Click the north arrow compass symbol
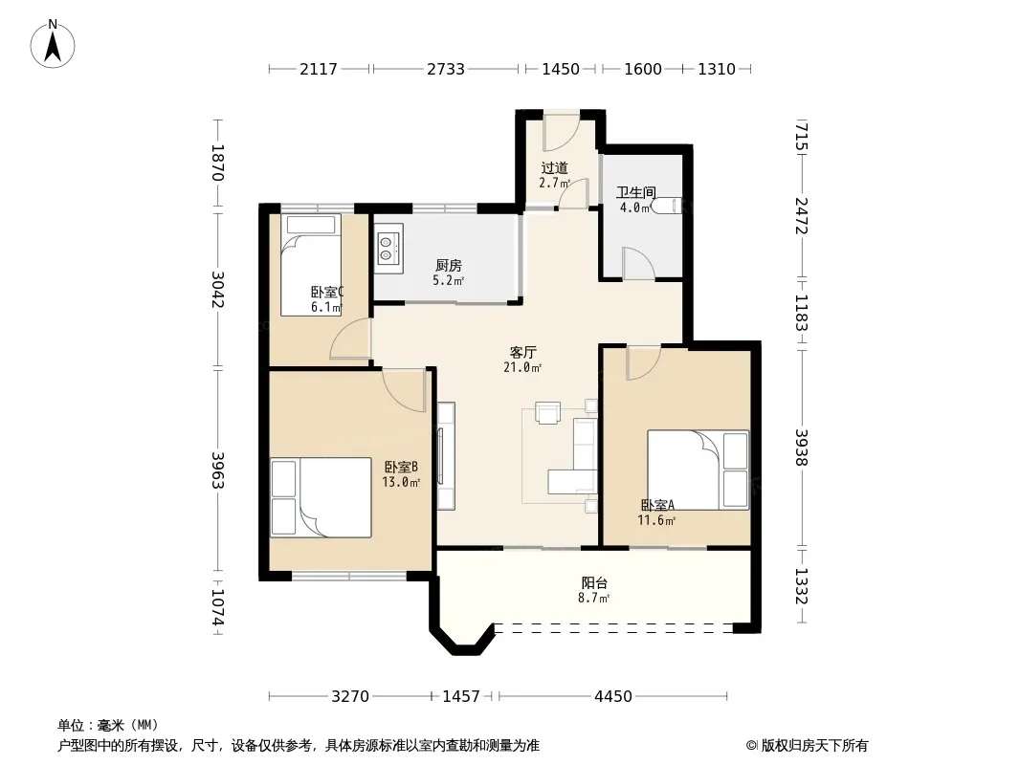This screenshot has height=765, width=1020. point(53,44)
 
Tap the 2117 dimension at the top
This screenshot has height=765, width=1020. point(319,69)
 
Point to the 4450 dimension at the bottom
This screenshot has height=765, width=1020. point(612,697)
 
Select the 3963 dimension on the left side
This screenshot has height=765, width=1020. point(218,470)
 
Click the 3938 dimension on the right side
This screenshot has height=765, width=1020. point(802,448)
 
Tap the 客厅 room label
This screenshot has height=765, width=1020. point(522,352)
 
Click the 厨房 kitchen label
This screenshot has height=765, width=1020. point(448,265)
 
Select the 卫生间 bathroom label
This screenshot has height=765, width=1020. point(635,192)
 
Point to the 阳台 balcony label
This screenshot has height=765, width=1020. point(594,583)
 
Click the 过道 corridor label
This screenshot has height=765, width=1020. point(554,168)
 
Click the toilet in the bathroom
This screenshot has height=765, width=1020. point(667,206)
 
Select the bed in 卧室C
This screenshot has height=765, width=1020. point(311,265)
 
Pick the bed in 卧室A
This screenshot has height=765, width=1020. point(698,470)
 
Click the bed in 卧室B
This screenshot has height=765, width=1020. point(321,497)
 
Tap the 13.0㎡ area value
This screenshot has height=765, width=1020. point(401,482)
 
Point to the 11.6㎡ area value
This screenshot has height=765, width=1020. point(656,520)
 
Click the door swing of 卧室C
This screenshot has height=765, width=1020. point(350,339)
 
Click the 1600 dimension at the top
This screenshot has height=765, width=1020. point(643,69)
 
